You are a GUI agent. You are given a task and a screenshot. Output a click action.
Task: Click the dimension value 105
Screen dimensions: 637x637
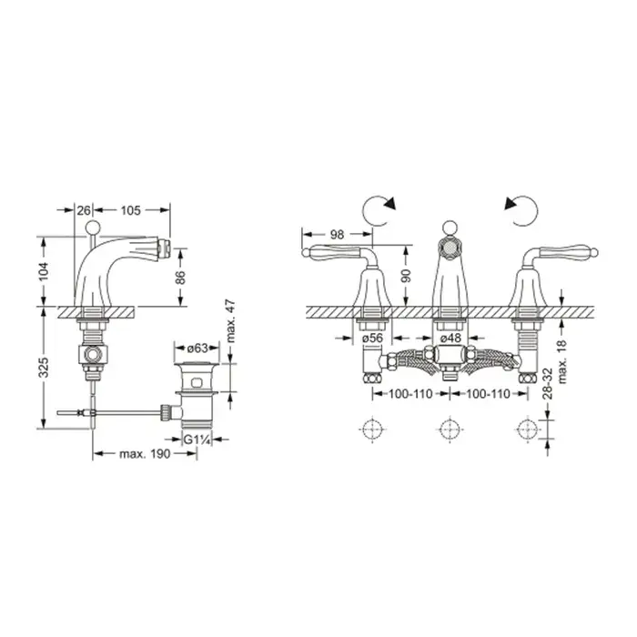(130, 210)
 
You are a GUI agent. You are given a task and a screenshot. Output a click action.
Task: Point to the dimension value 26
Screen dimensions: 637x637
(84, 210)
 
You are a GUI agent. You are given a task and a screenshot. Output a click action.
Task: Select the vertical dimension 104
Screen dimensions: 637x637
(44, 271)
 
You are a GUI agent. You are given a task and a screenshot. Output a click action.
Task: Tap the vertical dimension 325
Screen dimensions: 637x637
(44, 367)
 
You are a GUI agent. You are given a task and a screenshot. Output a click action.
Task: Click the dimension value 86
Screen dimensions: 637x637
(180, 277)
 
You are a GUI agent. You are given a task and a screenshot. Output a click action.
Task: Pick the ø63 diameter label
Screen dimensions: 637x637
(197, 349)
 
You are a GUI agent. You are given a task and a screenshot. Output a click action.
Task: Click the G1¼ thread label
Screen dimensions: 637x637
(197, 440)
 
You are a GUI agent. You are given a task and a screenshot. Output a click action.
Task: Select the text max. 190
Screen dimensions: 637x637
(145, 454)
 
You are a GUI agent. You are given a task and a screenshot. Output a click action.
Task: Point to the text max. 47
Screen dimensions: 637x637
(230, 321)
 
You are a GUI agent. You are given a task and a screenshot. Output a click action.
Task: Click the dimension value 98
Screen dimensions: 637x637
(338, 235)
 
